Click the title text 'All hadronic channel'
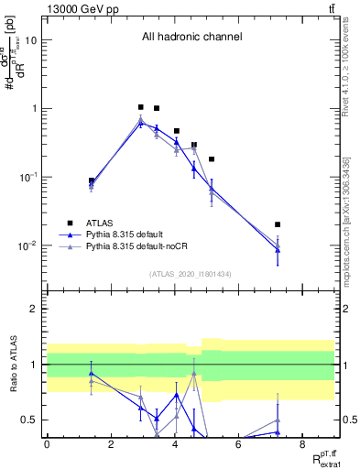pos(191,38)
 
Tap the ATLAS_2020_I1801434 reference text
pos(191,274)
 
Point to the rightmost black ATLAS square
pos(278,224)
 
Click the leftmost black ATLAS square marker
pos(92,180)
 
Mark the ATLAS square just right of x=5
pos(212,159)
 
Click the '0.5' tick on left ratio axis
pos(29,420)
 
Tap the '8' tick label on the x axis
pos(302,444)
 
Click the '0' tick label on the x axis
pos(47,444)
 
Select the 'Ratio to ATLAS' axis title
pos(12,365)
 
